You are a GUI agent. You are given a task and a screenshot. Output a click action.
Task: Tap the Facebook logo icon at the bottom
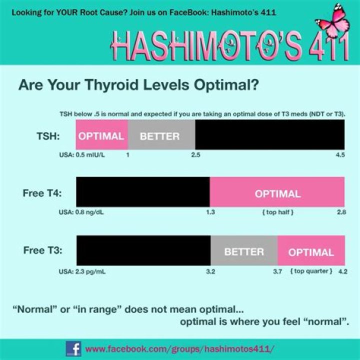click(73, 348)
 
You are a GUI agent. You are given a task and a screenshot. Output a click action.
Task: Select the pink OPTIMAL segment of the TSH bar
click(101, 136)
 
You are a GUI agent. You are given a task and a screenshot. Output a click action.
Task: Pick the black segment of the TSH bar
click(269, 136)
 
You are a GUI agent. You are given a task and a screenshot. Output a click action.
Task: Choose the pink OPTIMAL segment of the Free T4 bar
click(277, 193)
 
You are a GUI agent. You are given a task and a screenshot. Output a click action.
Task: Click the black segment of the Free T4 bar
click(142, 193)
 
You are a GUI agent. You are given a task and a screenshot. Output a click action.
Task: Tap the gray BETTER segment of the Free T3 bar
click(244, 251)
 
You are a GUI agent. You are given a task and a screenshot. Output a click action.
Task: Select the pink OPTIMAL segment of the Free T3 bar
click(311, 251)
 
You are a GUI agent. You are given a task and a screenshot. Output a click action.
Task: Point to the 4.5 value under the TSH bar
click(340, 155)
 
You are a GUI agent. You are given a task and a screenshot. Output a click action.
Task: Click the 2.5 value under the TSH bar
click(195, 155)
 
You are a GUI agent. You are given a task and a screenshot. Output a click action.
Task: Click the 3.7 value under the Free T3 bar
click(277, 271)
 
